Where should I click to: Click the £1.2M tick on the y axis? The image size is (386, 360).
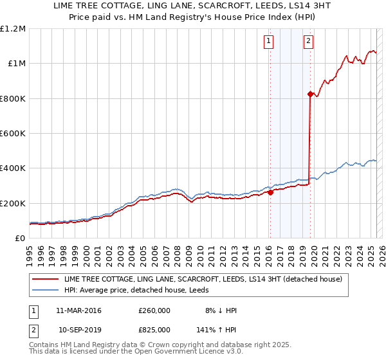point(14,29)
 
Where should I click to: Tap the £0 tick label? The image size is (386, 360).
point(21,239)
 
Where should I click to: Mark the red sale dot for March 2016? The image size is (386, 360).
point(270,192)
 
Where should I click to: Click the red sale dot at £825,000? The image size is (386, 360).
point(310,94)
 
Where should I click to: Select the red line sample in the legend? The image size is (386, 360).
point(45,279)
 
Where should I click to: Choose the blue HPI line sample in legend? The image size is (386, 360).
point(45,290)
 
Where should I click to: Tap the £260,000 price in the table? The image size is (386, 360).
point(154,310)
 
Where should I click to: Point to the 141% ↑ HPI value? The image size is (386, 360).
point(218,329)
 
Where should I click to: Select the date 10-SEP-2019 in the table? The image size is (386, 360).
point(80,329)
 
